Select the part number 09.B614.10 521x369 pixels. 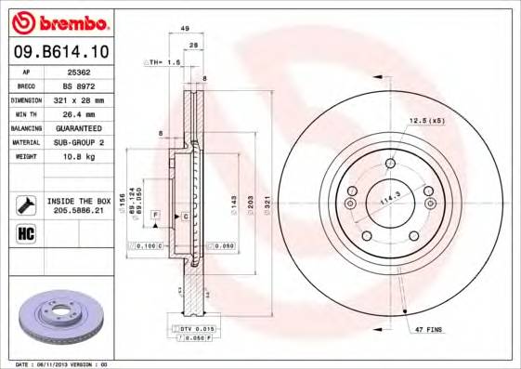tap(61, 52)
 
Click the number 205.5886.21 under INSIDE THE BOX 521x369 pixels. tap(79, 210)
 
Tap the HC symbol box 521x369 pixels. tap(25, 233)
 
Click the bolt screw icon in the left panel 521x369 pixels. tap(25, 204)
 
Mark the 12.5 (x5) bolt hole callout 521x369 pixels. tap(423, 120)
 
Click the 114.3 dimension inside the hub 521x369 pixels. tap(388, 198)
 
